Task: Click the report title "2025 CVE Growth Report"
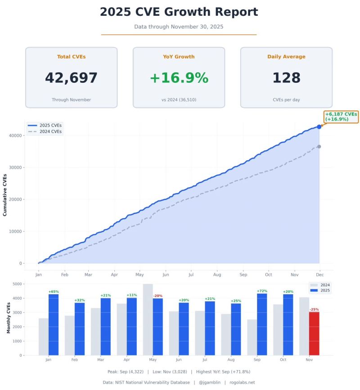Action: (x=179, y=12)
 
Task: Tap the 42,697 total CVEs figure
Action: (x=71, y=78)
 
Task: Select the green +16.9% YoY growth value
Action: (x=179, y=78)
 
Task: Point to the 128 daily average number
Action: (x=286, y=78)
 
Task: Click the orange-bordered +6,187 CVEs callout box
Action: (x=341, y=117)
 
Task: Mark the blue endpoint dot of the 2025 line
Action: (x=319, y=127)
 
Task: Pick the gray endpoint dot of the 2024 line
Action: (x=319, y=147)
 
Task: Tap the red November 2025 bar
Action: (x=314, y=333)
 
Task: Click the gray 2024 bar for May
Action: (x=148, y=319)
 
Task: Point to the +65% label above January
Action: (x=54, y=292)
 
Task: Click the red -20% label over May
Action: (x=157, y=296)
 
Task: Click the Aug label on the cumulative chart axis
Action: (x=217, y=274)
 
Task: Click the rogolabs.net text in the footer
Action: (x=242, y=382)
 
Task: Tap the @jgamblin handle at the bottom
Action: (x=209, y=382)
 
